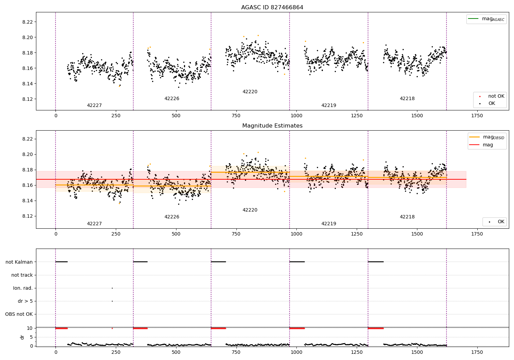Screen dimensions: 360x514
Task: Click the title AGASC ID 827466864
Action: point(272,8)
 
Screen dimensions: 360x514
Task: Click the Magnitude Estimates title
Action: point(272,126)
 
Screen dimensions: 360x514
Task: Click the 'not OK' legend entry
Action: point(496,96)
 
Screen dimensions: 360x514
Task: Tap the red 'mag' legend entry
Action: point(488,145)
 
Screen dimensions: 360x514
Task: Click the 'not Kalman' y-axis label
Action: point(19,262)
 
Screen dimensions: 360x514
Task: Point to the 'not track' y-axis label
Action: point(22,275)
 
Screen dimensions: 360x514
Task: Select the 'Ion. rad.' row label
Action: point(23,288)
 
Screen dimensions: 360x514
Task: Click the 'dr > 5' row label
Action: point(25,301)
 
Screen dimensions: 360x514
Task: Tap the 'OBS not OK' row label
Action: point(19,314)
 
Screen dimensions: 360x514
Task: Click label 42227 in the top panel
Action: point(94,106)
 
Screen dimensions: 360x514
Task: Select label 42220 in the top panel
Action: point(250,92)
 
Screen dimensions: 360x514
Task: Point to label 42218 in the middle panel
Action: point(407,217)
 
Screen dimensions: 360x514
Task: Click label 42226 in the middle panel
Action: point(172,217)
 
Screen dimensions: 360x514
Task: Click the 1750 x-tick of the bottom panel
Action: point(477,352)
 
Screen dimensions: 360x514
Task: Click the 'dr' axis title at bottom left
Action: point(22,337)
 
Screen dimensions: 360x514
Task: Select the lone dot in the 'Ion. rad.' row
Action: point(112,288)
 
